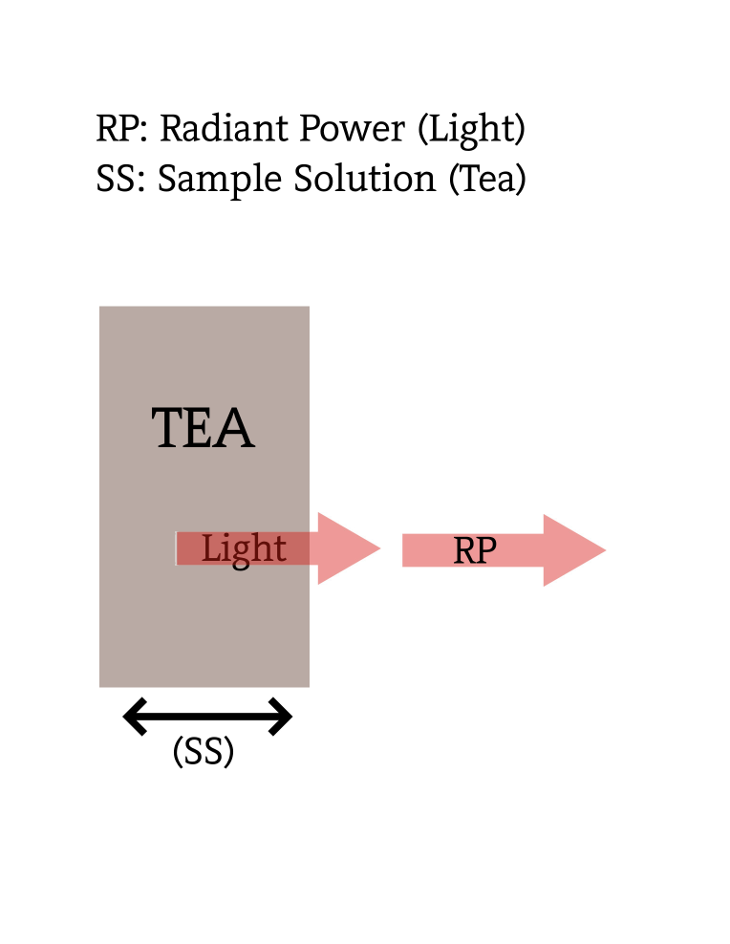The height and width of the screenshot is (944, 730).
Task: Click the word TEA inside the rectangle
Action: coord(203,429)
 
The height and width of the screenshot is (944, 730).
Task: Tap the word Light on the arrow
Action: coord(244,549)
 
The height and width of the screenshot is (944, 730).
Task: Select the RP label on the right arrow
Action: coord(475,551)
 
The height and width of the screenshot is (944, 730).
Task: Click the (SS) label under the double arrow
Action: coord(204,753)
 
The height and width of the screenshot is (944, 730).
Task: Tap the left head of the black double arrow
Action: coord(134,717)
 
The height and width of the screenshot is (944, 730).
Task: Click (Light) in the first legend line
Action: coord(472,129)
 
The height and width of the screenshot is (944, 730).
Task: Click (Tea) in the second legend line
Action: coord(487,180)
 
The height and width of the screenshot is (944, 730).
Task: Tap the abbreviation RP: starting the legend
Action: coord(121,128)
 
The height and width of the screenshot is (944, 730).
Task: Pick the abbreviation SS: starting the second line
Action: coord(120,180)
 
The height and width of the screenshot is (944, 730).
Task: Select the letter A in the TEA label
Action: coord(236,429)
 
